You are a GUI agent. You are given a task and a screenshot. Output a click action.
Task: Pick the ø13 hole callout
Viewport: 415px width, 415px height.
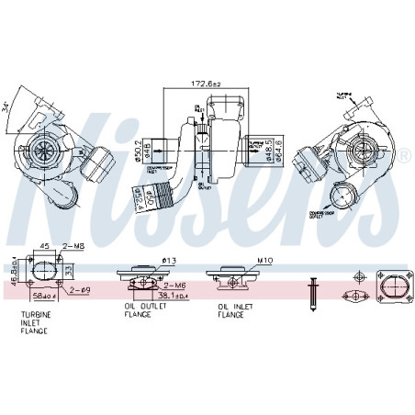(169, 260)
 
